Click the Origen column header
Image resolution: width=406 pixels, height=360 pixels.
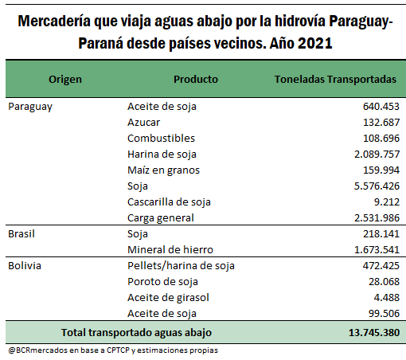point(65,80)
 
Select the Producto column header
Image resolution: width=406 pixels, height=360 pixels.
point(196,80)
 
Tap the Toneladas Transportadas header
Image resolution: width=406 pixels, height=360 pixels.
point(335,80)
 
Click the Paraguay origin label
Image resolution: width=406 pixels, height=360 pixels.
point(30,107)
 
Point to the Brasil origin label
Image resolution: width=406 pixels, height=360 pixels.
point(21,234)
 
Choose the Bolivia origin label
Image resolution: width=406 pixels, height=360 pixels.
point(25,266)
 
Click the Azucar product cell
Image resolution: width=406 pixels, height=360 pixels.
point(143,123)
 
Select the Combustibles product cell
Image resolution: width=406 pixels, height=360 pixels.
point(161,139)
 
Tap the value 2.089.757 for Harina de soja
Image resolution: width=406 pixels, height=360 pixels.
point(377,155)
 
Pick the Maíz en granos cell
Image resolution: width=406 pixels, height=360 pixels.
point(163,170)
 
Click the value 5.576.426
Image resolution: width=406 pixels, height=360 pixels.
point(377,186)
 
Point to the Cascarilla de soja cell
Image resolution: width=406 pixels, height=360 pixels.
point(169,202)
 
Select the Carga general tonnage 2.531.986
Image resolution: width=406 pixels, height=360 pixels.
point(377,218)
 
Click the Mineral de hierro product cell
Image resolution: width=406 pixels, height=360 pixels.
point(170,250)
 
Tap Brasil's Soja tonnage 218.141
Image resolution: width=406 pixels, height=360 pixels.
point(381,234)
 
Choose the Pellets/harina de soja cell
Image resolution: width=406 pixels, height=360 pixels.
point(181,266)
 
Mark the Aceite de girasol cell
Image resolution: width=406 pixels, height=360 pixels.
point(168,298)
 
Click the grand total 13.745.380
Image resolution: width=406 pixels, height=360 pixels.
point(374,333)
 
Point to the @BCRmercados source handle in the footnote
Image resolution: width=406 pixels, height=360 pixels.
point(38,350)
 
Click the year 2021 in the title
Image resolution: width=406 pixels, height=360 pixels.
point(315,43)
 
